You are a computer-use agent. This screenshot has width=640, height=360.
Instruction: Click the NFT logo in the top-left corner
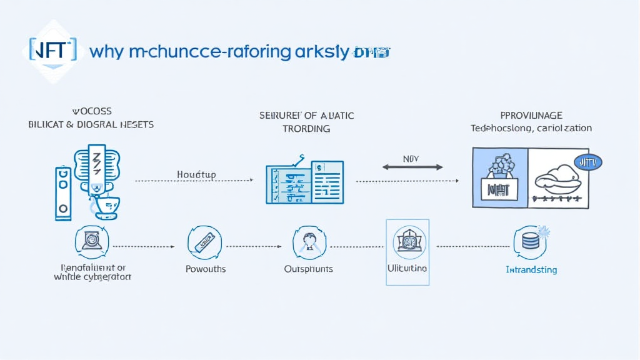52,49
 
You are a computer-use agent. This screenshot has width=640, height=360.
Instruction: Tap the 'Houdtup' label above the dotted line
196,175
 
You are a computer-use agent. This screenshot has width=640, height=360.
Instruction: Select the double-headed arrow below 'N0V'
412,167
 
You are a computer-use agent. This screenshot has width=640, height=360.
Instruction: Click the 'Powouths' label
206,269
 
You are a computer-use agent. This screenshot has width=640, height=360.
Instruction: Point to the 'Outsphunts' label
308,269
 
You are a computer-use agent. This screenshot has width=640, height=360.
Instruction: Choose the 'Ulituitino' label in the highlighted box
407,268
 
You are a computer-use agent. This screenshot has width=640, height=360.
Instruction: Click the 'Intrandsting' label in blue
531,270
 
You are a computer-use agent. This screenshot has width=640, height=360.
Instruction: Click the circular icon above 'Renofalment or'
92,241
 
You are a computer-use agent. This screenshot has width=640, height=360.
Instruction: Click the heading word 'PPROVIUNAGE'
531,116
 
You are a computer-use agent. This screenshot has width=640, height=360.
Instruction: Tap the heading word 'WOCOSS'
92,111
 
